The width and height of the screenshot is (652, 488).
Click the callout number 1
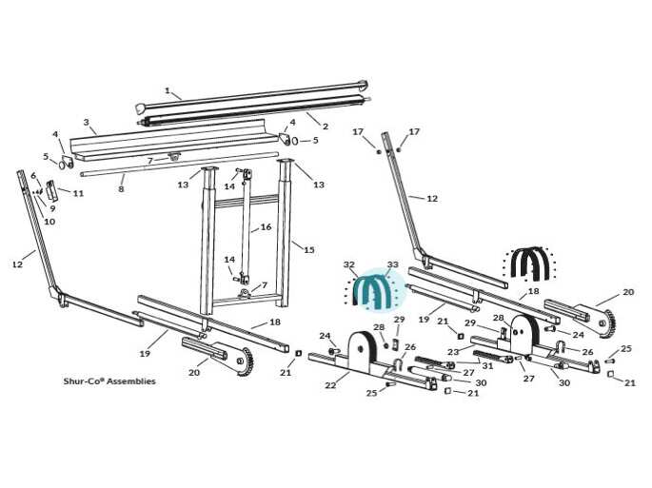point(168,90)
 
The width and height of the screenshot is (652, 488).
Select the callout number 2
point(326,126)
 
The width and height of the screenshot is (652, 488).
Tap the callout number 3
point(86,122)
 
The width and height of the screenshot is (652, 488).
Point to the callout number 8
point(121,189)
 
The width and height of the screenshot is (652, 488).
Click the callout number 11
point(78,193)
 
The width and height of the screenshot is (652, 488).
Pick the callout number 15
point(309,250)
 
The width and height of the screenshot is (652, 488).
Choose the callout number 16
point(266,227)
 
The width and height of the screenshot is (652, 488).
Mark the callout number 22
point(330,385)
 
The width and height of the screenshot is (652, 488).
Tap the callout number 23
point(453,352)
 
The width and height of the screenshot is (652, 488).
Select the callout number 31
point(487,366)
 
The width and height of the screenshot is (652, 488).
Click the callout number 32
point(349,264)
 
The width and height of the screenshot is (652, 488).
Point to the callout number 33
point(392,264)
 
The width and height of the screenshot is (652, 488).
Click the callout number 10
point(49,222)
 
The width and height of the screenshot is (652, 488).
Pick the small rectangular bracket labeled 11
point(52,191)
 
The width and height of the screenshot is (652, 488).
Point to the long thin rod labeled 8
point(179,165)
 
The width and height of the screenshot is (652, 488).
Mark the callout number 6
point(33,176)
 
